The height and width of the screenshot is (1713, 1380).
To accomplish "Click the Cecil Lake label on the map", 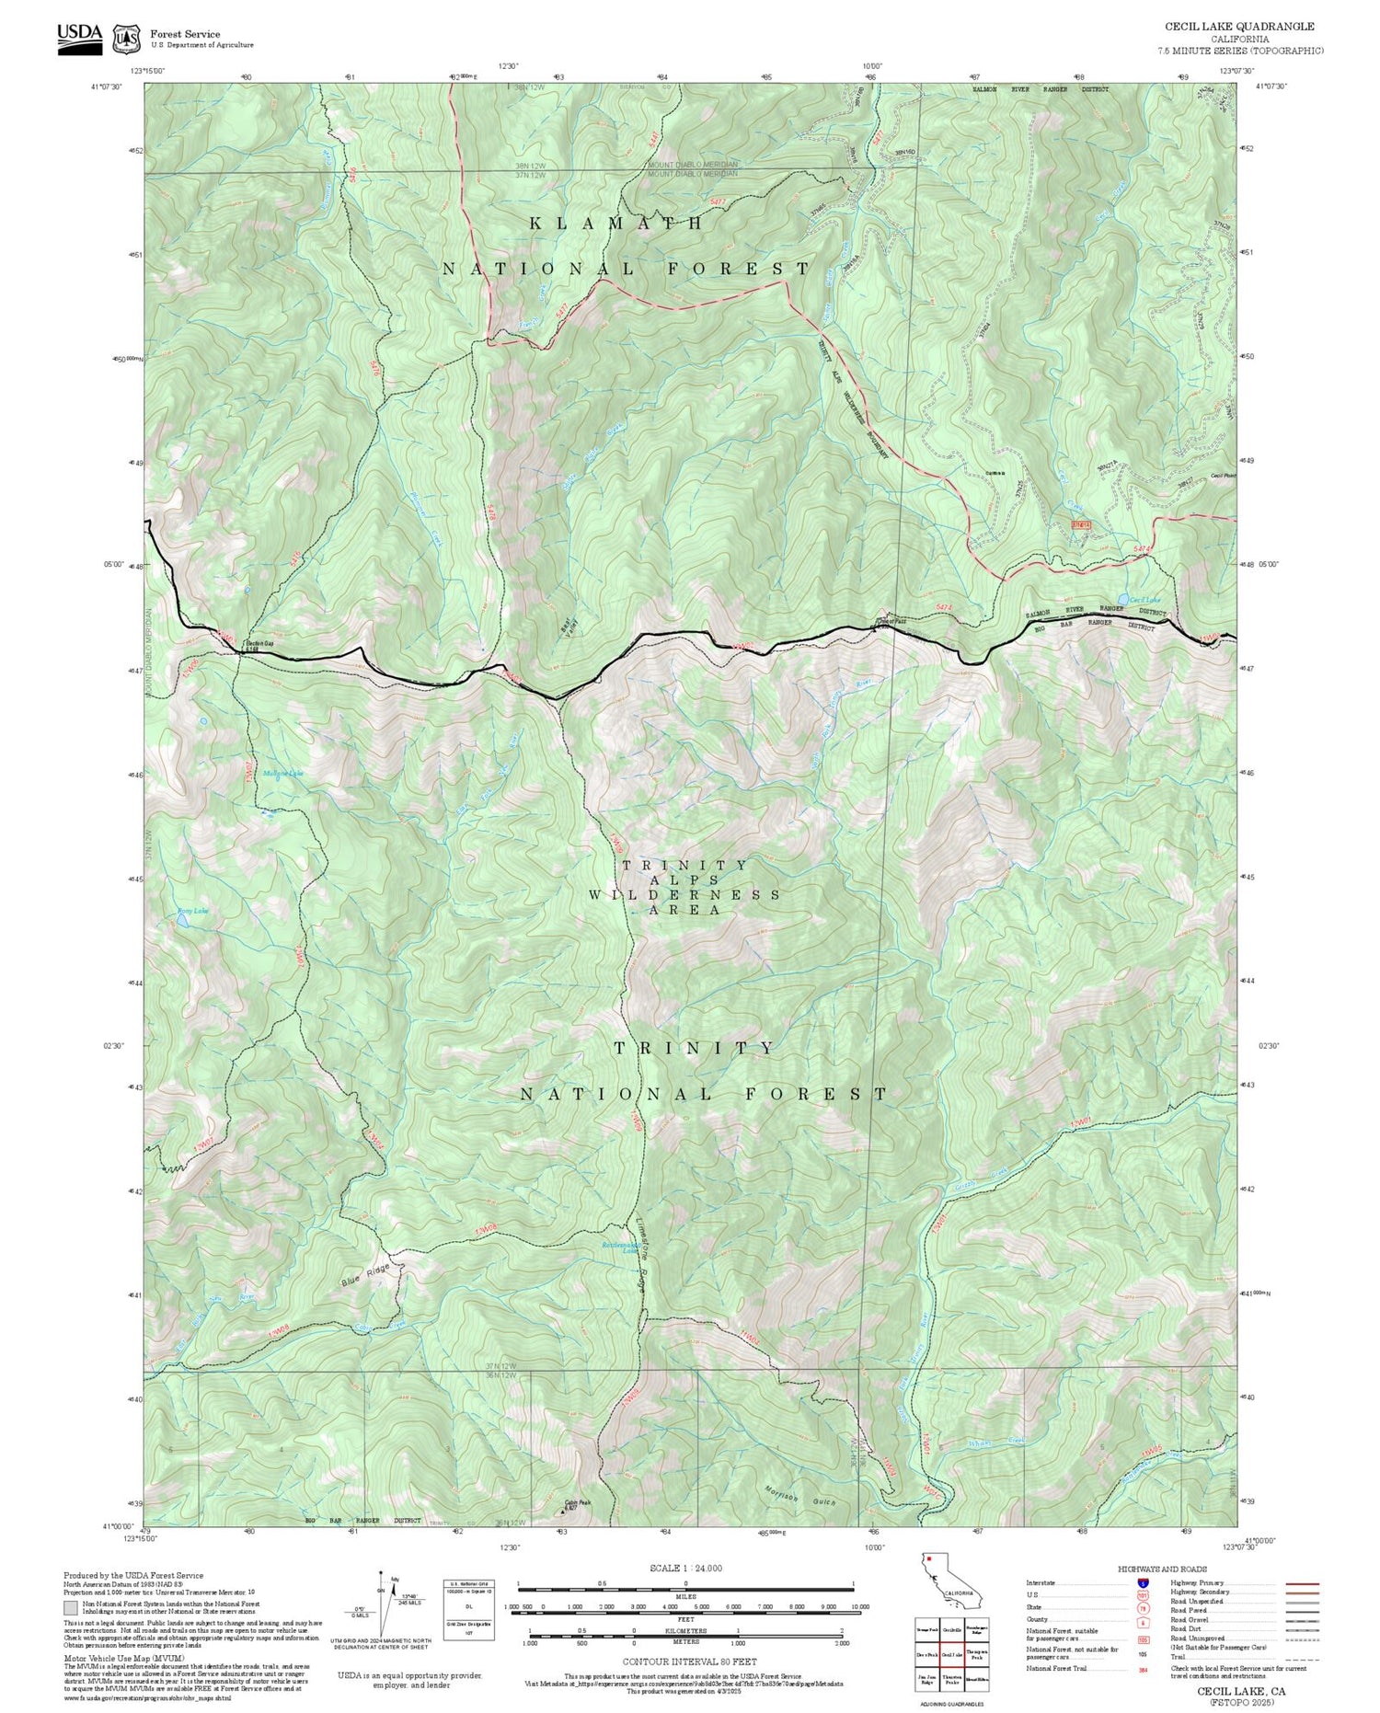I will point(1144,601).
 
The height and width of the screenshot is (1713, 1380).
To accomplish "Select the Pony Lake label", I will point(193,912).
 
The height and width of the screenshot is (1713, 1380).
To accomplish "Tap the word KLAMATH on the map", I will point(616,224).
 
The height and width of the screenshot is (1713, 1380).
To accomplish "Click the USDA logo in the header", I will point(79,37).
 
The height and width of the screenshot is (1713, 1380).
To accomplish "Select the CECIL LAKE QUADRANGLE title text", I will point(1239,27).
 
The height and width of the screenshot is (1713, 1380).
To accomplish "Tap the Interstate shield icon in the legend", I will point(1143,1582).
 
